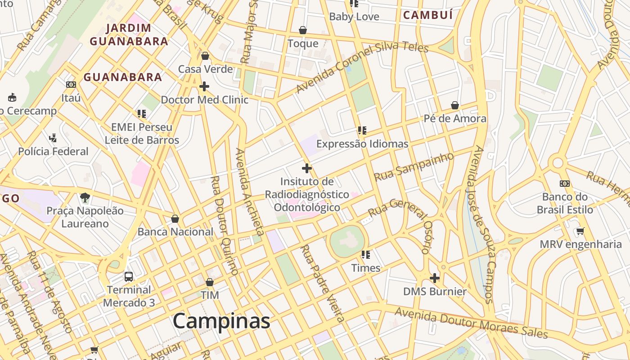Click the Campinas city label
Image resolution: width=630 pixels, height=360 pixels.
(221, 321)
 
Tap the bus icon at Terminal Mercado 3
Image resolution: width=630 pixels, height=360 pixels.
(129, 276)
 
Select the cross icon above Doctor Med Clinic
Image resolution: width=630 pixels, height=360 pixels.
(204, 86)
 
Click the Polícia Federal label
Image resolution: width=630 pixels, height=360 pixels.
(53, 152)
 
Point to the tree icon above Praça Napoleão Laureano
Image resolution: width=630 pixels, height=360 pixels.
(85, 197)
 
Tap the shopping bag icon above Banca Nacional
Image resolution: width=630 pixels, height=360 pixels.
(175, 219)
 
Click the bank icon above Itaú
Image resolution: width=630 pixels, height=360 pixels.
(71, 85)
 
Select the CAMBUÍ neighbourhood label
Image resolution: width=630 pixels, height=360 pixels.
(427, 15)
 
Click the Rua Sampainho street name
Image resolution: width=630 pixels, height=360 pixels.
(414, 166)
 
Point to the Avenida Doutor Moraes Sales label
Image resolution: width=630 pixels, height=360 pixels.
(471, 323)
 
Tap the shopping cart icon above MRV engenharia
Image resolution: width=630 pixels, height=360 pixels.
(580, 231)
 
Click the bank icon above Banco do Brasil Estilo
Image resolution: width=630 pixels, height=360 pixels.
(565, 184)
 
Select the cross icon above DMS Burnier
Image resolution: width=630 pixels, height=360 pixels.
(435, 278)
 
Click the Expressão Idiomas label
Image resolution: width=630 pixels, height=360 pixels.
(362, 144)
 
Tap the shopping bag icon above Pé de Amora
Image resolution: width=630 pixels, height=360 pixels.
(455, 105)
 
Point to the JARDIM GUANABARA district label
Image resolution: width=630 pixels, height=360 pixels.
(129, 35)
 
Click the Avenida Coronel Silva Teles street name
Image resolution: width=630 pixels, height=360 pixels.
(362, 67)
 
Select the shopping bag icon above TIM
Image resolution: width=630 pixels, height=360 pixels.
(210, 282)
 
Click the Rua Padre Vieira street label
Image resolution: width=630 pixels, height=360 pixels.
(323, 283)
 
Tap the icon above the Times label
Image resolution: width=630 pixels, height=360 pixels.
(366, 255)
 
